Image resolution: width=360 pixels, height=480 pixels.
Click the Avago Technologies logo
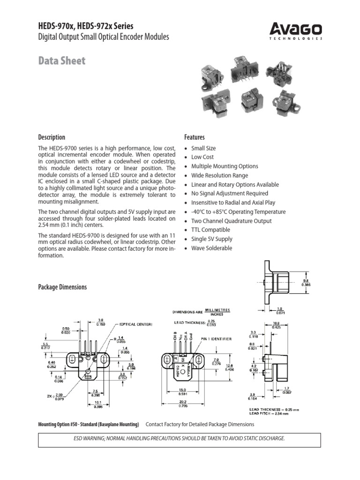tap(296, 31)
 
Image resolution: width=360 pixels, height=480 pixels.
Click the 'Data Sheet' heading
tap(61, 60)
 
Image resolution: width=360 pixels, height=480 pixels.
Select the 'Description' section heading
tap(52, 137)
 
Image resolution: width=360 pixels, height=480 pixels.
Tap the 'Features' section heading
tap(195, 137)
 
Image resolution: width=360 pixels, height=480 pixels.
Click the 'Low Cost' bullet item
tap(202, 157)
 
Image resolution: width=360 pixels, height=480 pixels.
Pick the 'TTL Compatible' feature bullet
tap(210, 230)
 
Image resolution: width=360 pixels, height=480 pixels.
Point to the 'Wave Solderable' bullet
tap(211, 248)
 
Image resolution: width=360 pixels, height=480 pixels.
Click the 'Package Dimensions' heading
tap(62, 287)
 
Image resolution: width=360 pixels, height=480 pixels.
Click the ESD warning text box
tap(180, 440)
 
